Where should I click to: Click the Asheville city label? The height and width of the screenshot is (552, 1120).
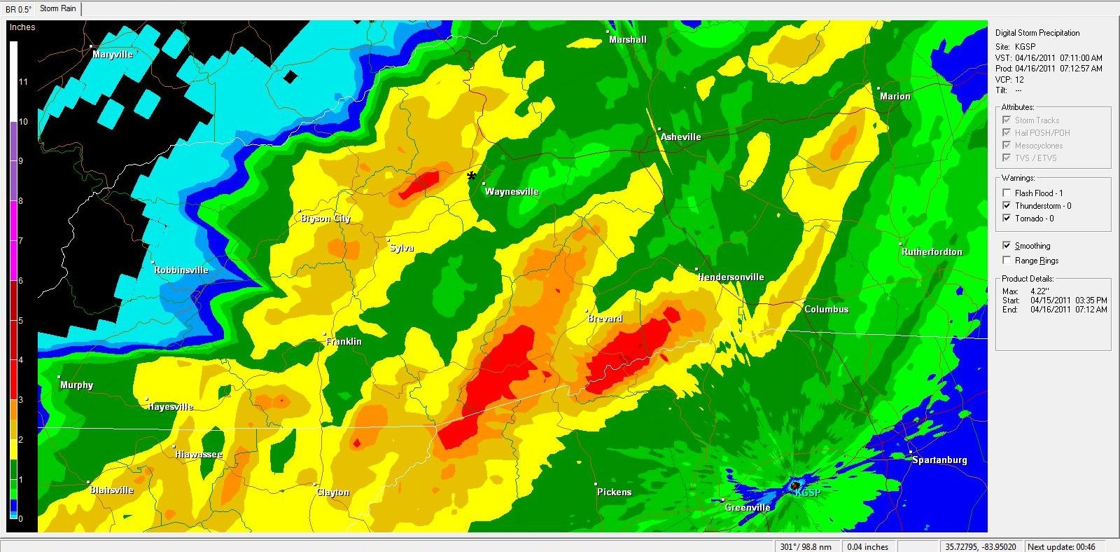coord(680,137)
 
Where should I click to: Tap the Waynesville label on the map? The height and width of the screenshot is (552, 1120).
coord(512,192)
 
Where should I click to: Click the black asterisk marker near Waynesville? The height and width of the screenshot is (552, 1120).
coord(471,176)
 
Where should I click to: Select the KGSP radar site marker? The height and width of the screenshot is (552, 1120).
coord(795,485)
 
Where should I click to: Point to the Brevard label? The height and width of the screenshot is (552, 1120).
coord(605,319)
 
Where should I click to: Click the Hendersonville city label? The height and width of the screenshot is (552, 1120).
coord(731,277)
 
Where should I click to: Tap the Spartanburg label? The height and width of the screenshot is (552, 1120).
coord(939,460)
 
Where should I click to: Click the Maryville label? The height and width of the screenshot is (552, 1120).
coord(113,55)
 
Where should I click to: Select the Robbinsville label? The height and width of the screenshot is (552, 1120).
coord(181,270)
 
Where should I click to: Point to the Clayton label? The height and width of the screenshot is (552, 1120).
coord(332,492)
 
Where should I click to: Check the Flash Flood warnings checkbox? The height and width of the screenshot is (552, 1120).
coord(1007,193)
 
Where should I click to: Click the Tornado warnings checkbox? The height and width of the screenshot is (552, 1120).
coord(1007,218)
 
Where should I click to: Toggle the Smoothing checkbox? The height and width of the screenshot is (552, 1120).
coord(1007,245)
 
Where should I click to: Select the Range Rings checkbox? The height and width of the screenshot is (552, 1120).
coord(1007,260)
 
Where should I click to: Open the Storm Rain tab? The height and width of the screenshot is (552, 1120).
coord(58,8)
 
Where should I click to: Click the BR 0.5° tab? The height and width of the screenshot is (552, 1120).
coord(18,9)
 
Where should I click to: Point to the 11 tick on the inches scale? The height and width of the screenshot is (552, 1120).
coord(23,82)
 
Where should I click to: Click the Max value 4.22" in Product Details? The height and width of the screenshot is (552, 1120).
coord(1039,291)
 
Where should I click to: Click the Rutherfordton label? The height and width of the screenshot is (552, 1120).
coord(932,252)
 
